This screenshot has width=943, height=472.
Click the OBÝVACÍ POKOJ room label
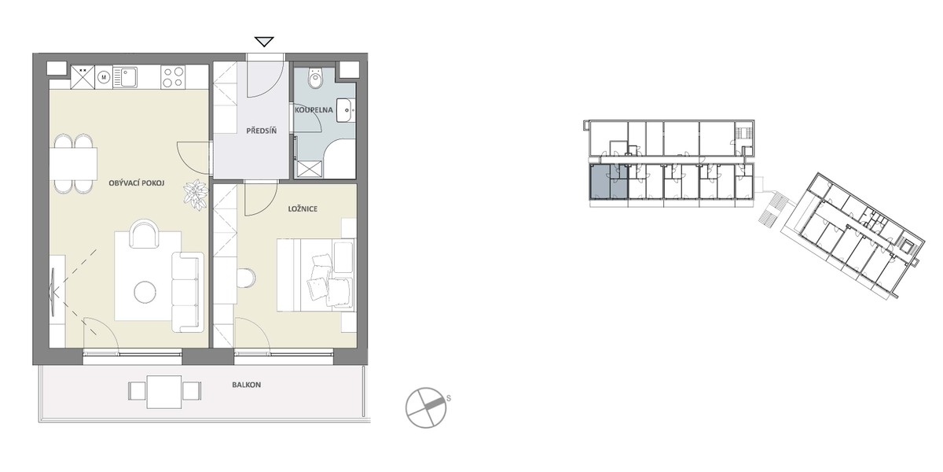[x=137, y=183]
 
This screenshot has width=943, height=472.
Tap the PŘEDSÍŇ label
[x=262, y=131]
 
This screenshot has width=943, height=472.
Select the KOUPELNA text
[x=314, y=110]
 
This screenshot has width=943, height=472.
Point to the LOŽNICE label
[x=303, y=209]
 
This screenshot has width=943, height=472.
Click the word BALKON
[x=246, y=385]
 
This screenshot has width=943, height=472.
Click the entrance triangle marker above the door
[x=264, y=42]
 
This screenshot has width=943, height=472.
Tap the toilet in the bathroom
[x=315, y=78]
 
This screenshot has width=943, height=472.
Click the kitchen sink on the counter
[x=126, y=77]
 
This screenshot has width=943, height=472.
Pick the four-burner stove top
[x=173, y=78]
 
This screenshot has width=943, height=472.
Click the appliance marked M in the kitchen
[x=103, y=77]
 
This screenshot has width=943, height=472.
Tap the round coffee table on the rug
[x=145, y=292]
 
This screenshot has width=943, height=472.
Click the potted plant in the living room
[x=196, y=195]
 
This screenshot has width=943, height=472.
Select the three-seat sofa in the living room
[x=187, y=292]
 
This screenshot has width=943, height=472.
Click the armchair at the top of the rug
[x=145, y=234]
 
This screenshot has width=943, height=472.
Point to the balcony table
[x=164, y=392]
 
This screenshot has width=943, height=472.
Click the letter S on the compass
[x=449, y=398]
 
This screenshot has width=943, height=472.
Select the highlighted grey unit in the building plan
[x=609, y=182]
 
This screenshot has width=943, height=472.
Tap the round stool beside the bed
[x=246, y=278]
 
